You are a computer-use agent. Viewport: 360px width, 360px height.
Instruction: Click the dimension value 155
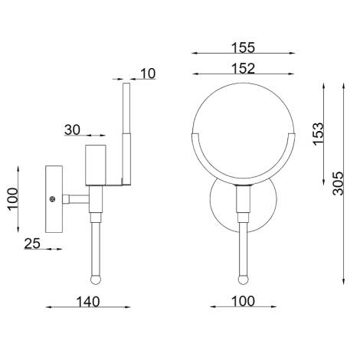pos(242,47)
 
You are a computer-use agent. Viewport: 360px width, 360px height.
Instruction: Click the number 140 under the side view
pos(87,301)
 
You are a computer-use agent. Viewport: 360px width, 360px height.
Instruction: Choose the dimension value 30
pos(73,130)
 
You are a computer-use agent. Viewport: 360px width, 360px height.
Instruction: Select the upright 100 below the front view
pos(242,301)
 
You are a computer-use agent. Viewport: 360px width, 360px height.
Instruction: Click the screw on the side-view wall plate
pos(52,200)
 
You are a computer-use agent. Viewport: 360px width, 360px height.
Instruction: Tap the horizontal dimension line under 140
pos(87,309)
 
